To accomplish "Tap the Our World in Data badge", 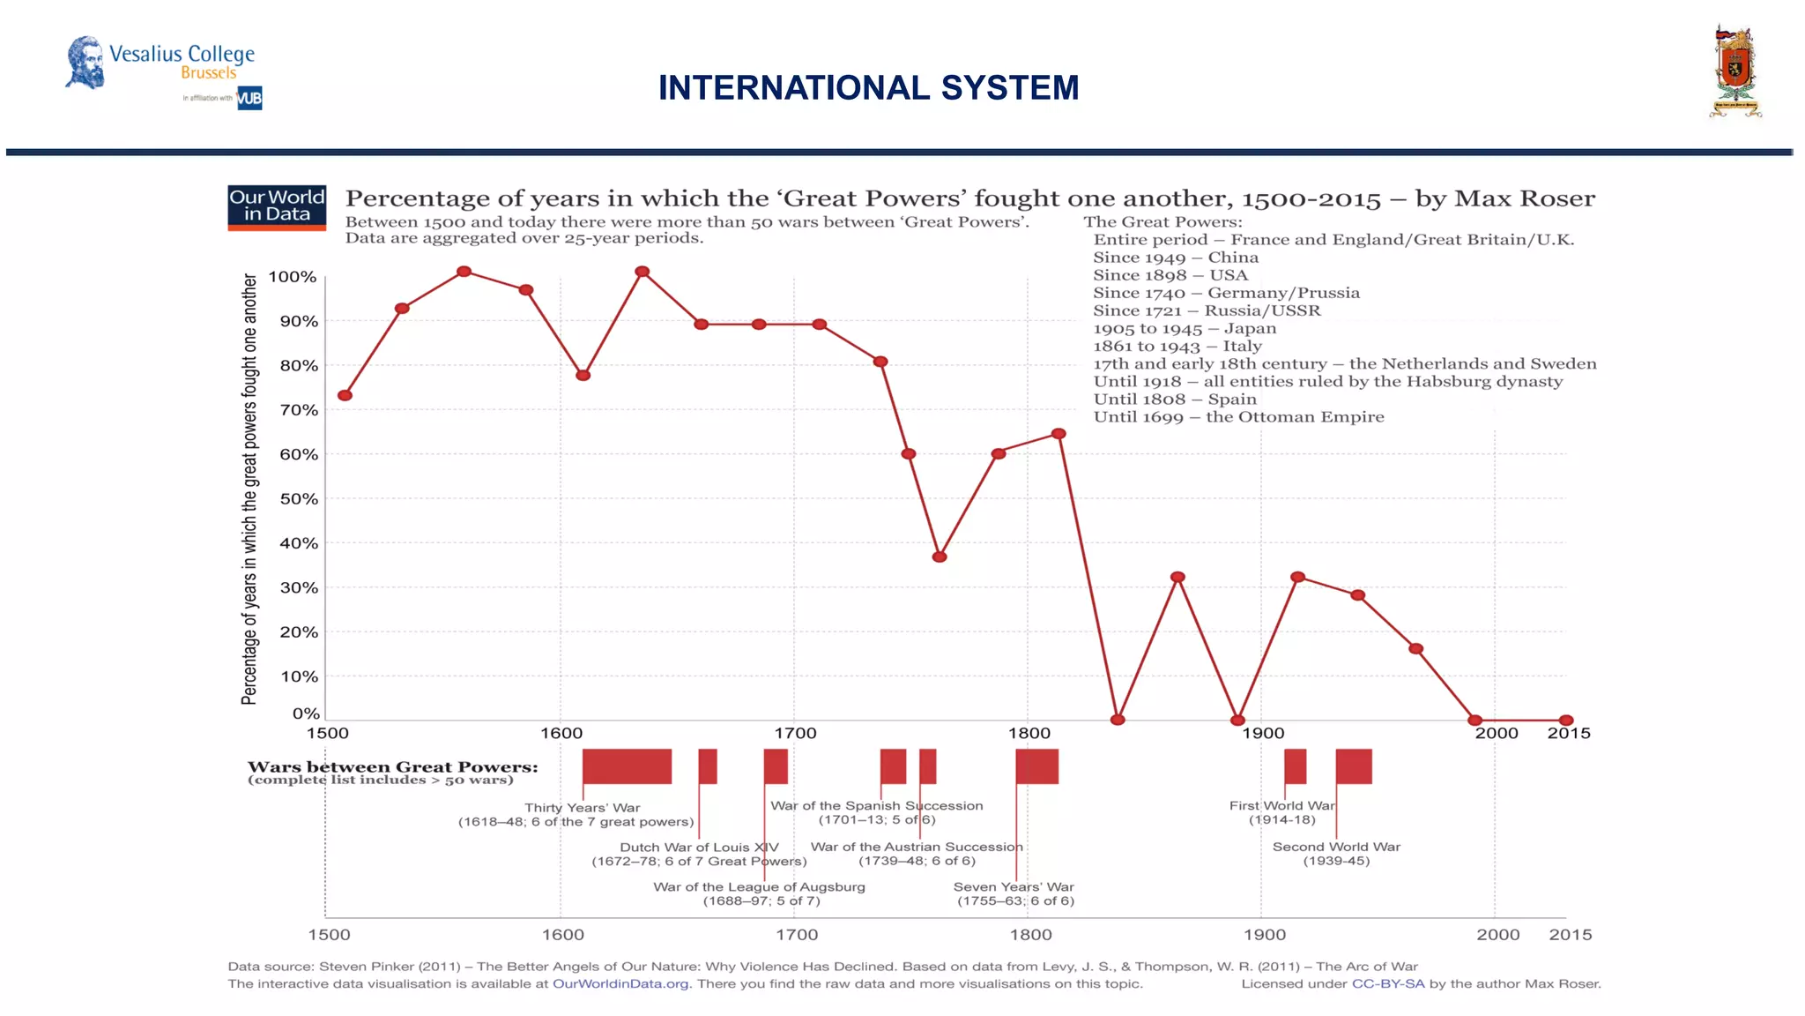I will (x=277, y=208).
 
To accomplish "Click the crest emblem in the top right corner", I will (x=1735, y=72).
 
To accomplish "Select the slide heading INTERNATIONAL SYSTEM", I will (x=868, y=88).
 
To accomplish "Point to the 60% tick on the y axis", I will (x=299, y=454).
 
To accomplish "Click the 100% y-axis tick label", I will (x=292, y=277).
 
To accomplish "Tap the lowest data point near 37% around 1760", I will (x=940, y=557).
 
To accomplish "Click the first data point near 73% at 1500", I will (x=345, y=395).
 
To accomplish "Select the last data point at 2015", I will (x=1566, y=720).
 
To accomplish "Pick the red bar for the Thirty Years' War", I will (x=627, y=766).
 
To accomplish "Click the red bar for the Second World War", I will (x=1354, y=766).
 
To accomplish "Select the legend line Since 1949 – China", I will (x=1176, y=258).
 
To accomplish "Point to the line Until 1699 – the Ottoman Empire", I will (x=1238, y=417).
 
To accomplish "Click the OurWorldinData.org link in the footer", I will (x=620, y=984).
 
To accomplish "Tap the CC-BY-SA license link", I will (x=1387, y=984).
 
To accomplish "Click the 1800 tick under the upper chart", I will (x=1029, y=733).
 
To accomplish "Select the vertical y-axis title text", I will (x=249, y=489).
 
